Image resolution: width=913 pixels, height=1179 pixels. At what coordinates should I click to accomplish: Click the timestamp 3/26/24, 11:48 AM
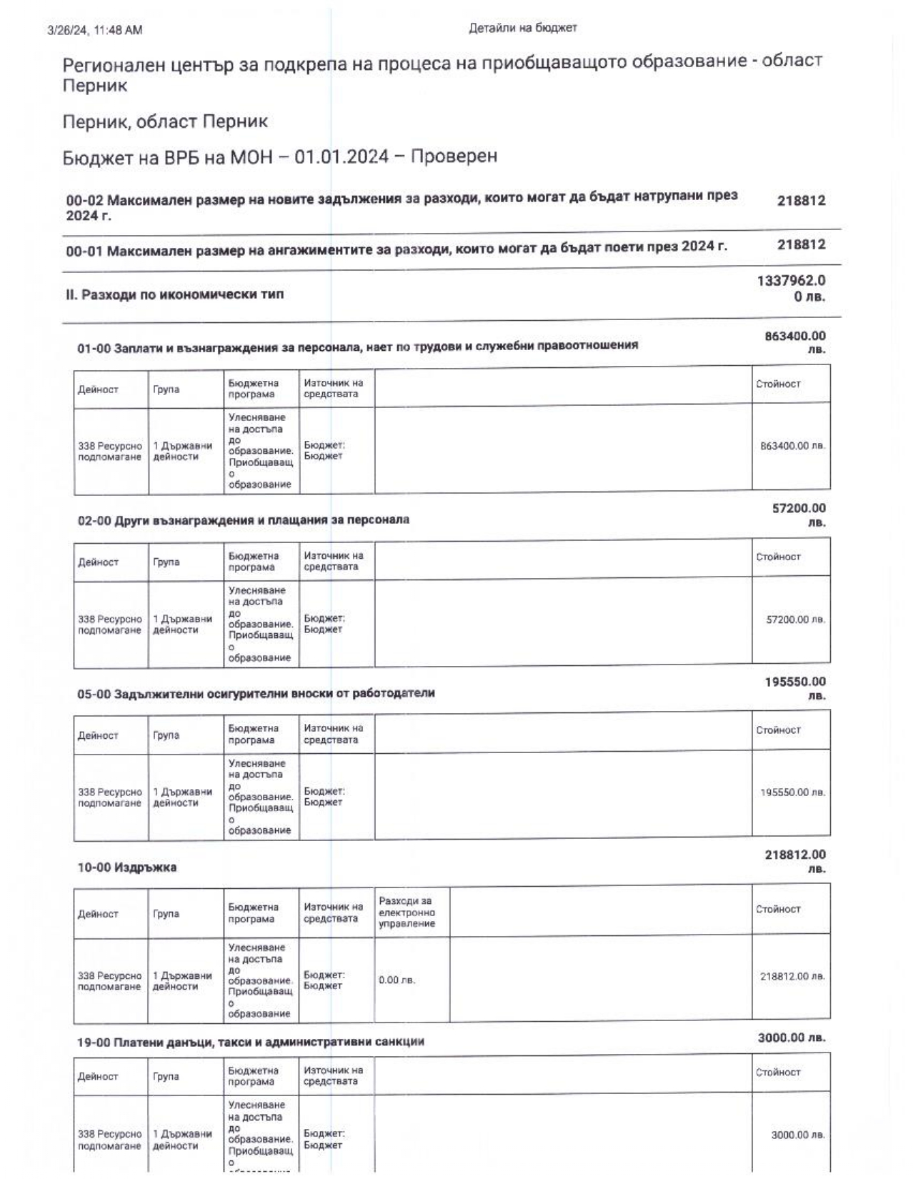(94, 30)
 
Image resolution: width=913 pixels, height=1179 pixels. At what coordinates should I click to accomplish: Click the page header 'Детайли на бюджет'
(522, 28)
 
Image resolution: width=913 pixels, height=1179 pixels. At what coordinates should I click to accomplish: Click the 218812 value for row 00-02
(801, 201)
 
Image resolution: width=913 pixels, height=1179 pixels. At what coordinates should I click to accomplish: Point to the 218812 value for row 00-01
(801, 245)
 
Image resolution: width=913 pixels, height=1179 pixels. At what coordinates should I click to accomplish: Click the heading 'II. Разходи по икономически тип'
(175, 294)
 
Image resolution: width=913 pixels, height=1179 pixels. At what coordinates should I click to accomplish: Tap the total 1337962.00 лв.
(792, 288)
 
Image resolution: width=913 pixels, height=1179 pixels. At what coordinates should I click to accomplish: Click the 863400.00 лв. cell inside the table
(793, 446)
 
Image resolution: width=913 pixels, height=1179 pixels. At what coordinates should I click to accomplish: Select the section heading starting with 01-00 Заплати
(357, 346)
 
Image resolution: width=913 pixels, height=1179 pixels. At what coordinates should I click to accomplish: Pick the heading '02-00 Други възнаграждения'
(243, 519)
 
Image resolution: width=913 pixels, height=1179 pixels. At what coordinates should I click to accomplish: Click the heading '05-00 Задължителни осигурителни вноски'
(256, 693)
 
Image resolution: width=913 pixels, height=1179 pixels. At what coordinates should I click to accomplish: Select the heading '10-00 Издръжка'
(126, 867)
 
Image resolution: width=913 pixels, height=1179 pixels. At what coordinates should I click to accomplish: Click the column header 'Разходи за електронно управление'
(406, 912)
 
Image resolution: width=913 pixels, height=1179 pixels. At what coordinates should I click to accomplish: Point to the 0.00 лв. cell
(396, 980)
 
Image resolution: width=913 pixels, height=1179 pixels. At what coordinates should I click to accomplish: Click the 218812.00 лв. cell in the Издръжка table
(792, 976)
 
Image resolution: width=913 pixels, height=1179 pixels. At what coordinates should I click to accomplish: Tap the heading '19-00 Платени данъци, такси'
(250, 1042)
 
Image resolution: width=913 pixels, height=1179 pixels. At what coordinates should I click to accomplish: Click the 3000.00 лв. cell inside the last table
(798, 1135)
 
